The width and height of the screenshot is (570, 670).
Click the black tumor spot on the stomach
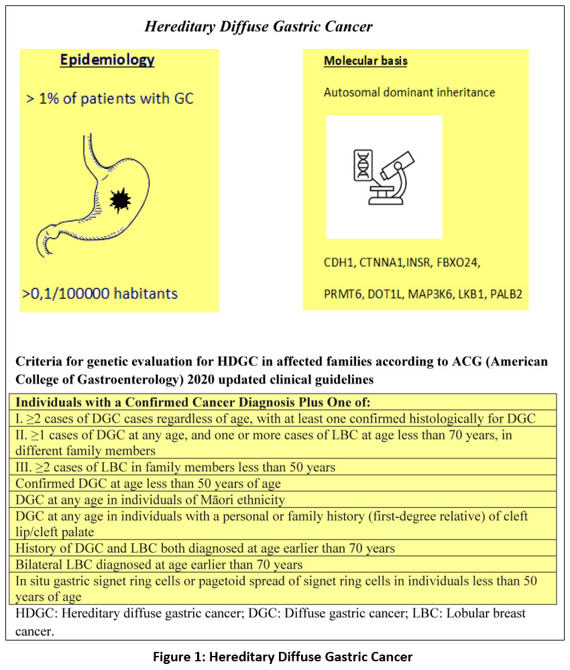pos(119,199)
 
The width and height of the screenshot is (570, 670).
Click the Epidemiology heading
pos(107,60)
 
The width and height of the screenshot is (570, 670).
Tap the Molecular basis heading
pos(365,61)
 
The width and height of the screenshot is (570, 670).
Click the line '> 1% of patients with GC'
pos(110,99)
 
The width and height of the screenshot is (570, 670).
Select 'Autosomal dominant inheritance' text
pos(409,92)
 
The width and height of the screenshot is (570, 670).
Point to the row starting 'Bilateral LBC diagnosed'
pos(159,564)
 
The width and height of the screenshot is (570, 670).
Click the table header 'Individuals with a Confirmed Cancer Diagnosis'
pos(192,402)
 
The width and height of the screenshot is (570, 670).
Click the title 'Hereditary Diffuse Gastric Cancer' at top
pos(259,27)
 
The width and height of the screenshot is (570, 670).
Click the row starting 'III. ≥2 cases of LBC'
pos(175,467)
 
